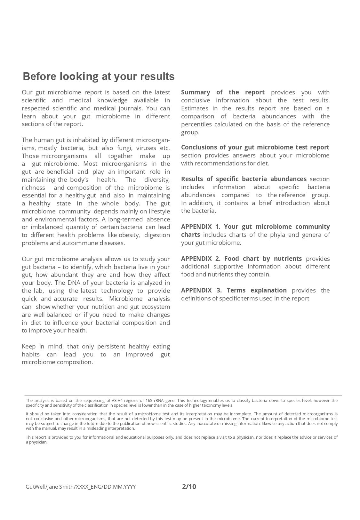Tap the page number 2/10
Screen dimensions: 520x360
(189, 487)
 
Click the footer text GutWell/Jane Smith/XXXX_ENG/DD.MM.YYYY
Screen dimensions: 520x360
(81, 487)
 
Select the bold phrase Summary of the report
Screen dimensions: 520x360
(223, 92)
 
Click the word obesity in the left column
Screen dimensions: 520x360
(129, 235)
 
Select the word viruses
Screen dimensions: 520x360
(146, 148)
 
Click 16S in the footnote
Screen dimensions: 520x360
(149, 400)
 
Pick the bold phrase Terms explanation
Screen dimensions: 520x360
(257, 290)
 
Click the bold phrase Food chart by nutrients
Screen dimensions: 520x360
(263, 259)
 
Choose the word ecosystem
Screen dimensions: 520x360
(156, 307)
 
